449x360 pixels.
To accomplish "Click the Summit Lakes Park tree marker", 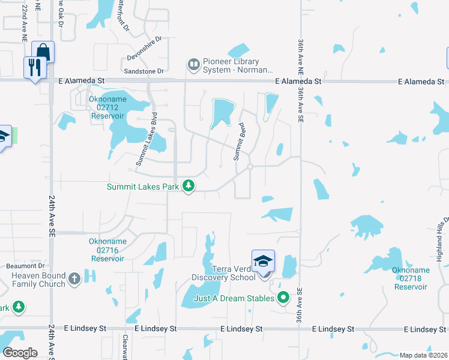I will pos(188,187).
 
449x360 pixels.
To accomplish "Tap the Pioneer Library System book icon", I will pos(193,64).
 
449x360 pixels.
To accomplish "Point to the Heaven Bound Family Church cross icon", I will pos(74,278).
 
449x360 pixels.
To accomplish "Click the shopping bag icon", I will pos(43,50).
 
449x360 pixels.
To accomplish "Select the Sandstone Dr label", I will pos(144,71).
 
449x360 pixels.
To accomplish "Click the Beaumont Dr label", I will pos(25,266).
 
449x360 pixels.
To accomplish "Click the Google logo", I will pos(20,352).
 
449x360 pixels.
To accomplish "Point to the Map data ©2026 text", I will pos(423,355).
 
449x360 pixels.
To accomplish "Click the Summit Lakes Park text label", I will pos(143,187).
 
